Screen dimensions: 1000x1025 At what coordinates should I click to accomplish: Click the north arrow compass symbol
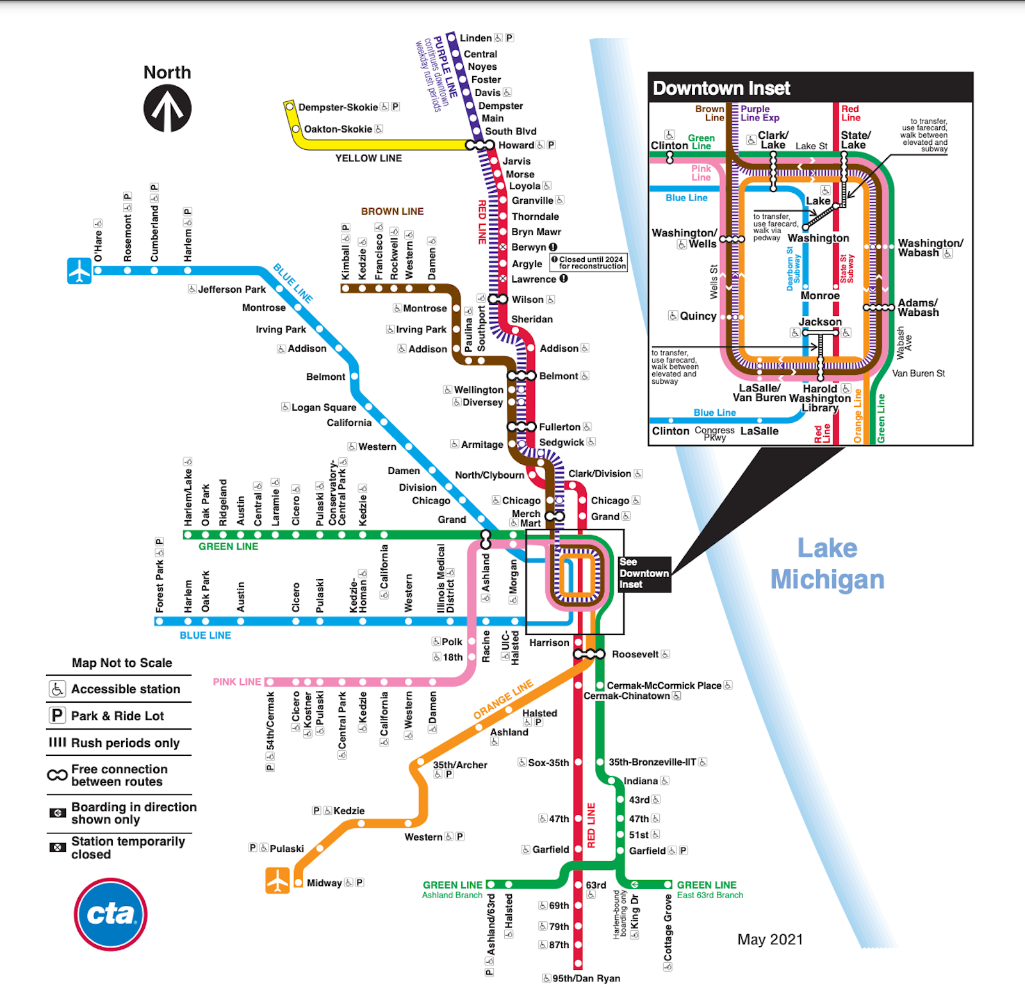tap(167, 108)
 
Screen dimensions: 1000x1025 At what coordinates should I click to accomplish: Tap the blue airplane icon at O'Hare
tap(79, 270)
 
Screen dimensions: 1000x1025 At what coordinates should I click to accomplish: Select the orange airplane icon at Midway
tap(277, 880)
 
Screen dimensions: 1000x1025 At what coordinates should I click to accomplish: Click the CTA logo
tap(111, 914)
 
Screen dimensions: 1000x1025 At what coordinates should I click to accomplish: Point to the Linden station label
tap(475, 38)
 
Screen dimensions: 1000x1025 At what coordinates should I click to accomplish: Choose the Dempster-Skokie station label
tap(338, 107)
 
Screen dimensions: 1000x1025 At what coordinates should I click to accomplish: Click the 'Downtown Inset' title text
tap(721, 88)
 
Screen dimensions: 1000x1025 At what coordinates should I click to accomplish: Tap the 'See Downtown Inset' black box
tap(644, 573)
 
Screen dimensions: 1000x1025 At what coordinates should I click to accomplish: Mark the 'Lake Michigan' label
tap(827, 564)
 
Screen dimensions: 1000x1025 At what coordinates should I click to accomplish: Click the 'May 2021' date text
tap(769, 939)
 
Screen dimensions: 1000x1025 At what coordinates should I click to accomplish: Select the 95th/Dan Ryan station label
tap(586, 978)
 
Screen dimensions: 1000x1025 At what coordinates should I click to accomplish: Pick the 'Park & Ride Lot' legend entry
tap(117, 716)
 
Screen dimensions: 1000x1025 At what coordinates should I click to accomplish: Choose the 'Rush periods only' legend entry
tap(125, 743)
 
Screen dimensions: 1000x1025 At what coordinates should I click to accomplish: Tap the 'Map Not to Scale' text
tap(122, 663)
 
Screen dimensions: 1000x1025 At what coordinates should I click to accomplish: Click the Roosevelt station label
tap(635, 654)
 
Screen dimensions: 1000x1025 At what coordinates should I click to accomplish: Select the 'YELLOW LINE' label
tap(368, 158)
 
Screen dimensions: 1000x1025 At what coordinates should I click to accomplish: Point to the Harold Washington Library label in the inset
tap(821, 398)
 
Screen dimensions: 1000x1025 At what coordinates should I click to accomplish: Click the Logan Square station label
tap(324, 407)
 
